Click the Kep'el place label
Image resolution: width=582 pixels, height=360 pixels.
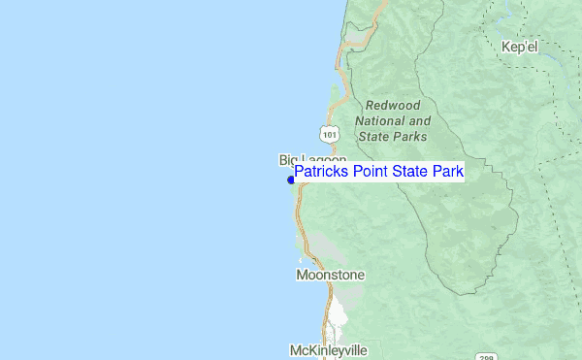point(520,47)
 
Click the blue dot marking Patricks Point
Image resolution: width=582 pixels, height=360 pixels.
point(291,180)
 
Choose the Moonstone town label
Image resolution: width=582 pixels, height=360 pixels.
point(330,276)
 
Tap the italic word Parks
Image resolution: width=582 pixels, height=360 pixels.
point(409,137)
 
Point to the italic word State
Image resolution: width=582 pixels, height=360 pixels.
point(372,137)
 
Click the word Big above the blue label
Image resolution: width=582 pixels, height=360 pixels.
point(289,159)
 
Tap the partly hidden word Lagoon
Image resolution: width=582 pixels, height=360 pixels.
point(324,159)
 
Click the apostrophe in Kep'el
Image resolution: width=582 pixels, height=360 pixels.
point(525,44)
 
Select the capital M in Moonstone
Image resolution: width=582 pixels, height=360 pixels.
point(302,276)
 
